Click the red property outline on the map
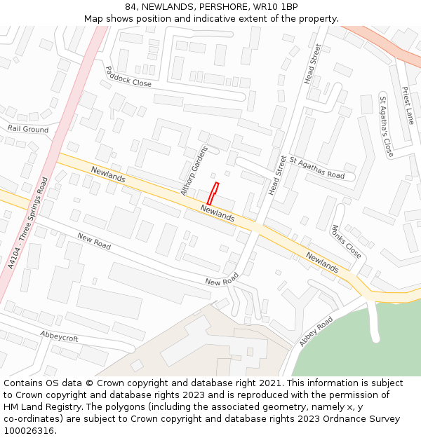(x=213, y=193)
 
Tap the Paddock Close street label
(x=128, y=76)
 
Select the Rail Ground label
(x=28, y=129)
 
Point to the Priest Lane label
(x=408, y=105)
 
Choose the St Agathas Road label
(x=317, y=168)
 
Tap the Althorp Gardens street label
(x=194, y=171)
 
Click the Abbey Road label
(x=316, y=331)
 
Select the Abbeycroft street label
(x=59, y=336)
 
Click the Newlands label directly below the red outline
(x=218, y=213)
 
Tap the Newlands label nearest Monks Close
(x=322, y=261)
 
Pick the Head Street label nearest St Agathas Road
(x=278, y=174)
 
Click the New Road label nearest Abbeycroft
(x=94, y=241)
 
